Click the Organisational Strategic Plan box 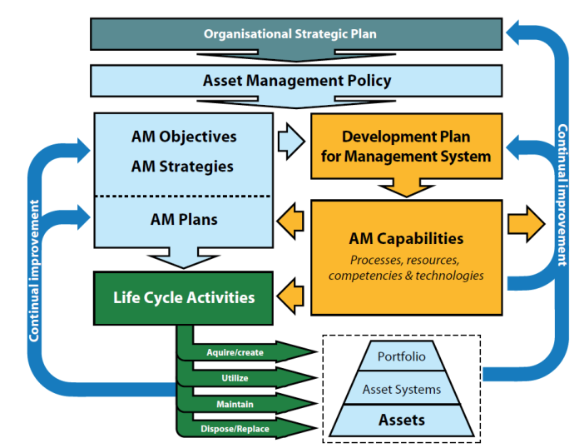coord(290,34)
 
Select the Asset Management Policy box coord(296,82)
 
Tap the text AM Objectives coord(184,137)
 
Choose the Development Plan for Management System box coord(405,146)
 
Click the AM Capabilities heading coord(406,239)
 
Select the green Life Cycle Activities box coord(184,297)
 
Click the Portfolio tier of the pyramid coord(402,356)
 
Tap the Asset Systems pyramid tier coord(402,389)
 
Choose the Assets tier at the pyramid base coord(402,421)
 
